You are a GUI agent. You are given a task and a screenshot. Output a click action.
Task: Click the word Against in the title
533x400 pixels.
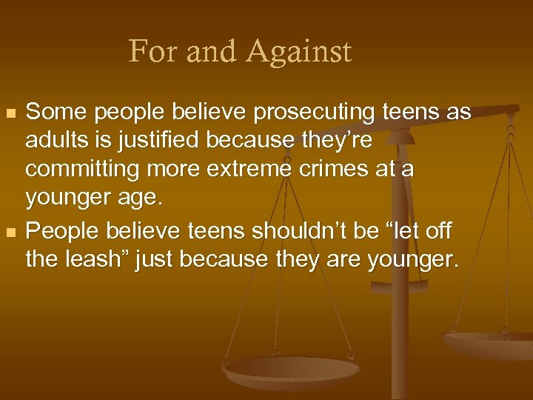[301, 52]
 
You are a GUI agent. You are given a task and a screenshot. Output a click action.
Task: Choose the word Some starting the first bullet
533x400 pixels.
[52, 113]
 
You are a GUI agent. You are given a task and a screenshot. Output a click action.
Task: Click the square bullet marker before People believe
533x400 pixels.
[9, 233]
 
